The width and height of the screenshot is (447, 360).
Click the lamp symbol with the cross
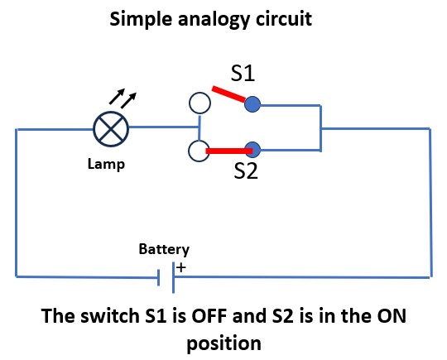click(111, 129)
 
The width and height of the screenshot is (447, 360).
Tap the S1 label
click(243, 74)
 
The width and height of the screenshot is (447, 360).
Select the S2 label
click(246, 170)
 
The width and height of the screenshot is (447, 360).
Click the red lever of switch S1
click(228, 94)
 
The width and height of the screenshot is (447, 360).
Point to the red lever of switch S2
click(229, 151)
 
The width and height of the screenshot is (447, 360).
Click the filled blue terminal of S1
click(252, 104)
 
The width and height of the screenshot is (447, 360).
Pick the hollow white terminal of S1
click(199, 103)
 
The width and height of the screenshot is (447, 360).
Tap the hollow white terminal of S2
click(199, 151)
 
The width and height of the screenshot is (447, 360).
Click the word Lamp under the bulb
click(106, 165)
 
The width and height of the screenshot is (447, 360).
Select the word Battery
click(164, 249)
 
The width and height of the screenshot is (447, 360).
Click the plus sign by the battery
click(181, 267)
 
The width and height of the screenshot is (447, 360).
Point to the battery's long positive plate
click(173, 277)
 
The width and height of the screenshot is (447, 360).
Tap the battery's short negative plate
click(159, 277)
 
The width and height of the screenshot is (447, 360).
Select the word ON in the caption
click(392, 316)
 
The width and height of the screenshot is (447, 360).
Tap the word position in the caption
click(224, 343)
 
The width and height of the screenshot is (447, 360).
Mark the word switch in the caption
click(110, 316)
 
